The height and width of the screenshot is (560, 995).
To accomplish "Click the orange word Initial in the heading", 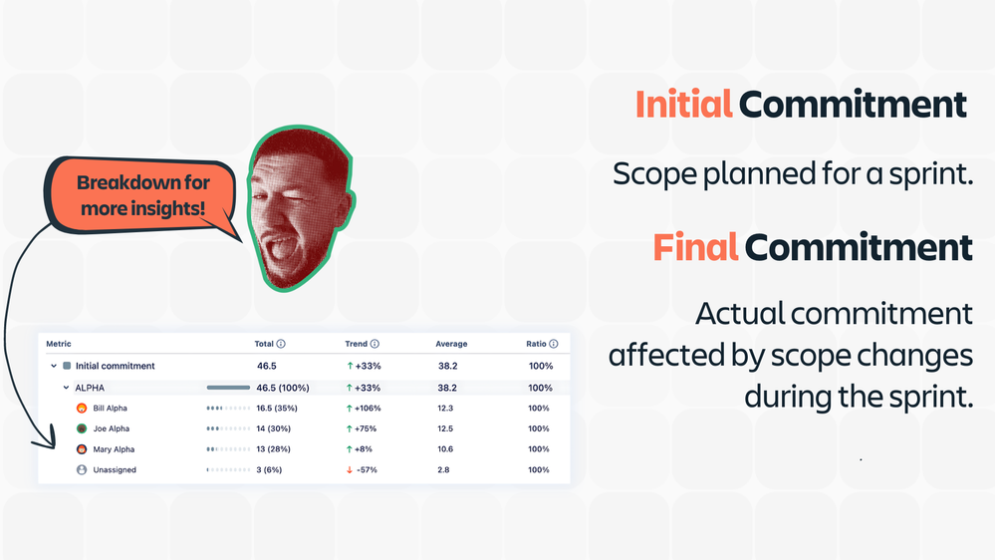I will coord(683,105).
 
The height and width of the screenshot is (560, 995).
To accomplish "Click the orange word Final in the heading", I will coord(695,246).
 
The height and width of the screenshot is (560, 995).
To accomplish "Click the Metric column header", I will coord(59,344).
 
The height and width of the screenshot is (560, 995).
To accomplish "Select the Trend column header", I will coord(356,344).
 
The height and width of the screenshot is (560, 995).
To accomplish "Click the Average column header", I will coord(451,344).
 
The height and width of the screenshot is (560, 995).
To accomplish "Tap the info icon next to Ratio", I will coord(554,344).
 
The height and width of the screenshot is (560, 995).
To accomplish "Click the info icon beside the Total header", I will coord(281,344).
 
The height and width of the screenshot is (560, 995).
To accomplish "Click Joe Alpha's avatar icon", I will coord(82,428).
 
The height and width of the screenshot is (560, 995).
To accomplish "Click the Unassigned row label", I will coord(114,469).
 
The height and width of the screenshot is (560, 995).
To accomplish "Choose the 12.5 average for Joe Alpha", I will coord(445,428).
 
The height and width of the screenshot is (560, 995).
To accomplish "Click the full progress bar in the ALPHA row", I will coord(228,388).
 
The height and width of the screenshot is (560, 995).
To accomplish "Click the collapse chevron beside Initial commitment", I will coord(53,367).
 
